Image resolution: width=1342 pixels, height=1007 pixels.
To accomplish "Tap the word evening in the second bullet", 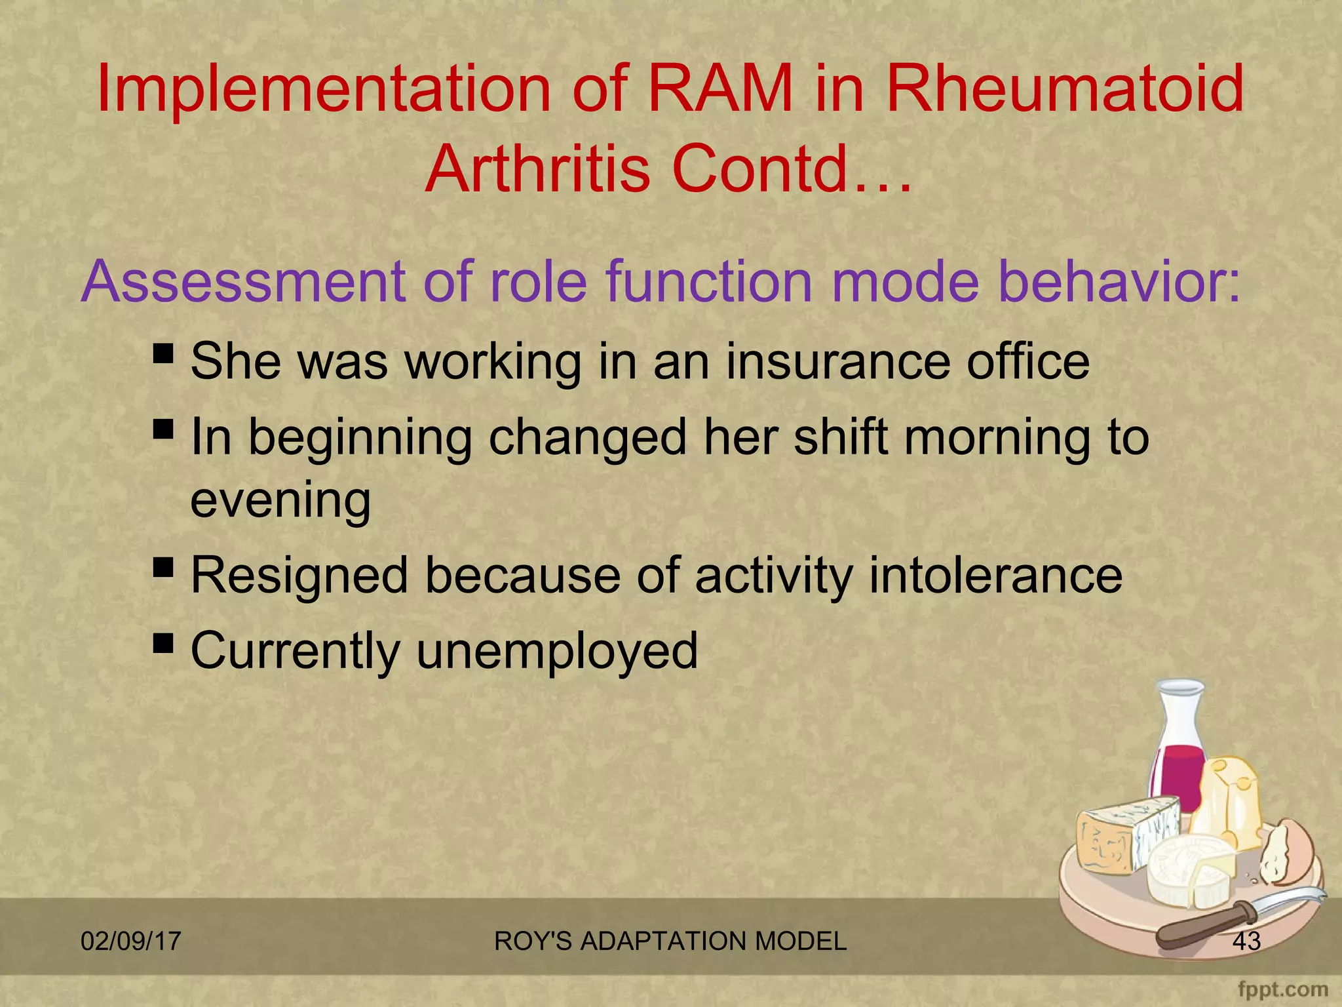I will (x=280, y=500).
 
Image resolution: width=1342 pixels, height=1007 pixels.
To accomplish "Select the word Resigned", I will (x=299, y=575).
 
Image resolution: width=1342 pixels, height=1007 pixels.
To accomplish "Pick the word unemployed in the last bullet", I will (x=556, y=650).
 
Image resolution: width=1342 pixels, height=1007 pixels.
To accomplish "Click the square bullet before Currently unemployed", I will (x=163, y=644).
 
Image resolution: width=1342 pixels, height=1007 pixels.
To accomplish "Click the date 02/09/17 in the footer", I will (x=130, y=941).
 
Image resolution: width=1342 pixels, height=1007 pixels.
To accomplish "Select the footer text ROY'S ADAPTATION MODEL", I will (x=670, y=941).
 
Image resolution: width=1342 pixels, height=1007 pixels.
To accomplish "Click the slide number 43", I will (x=1246, y=941).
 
